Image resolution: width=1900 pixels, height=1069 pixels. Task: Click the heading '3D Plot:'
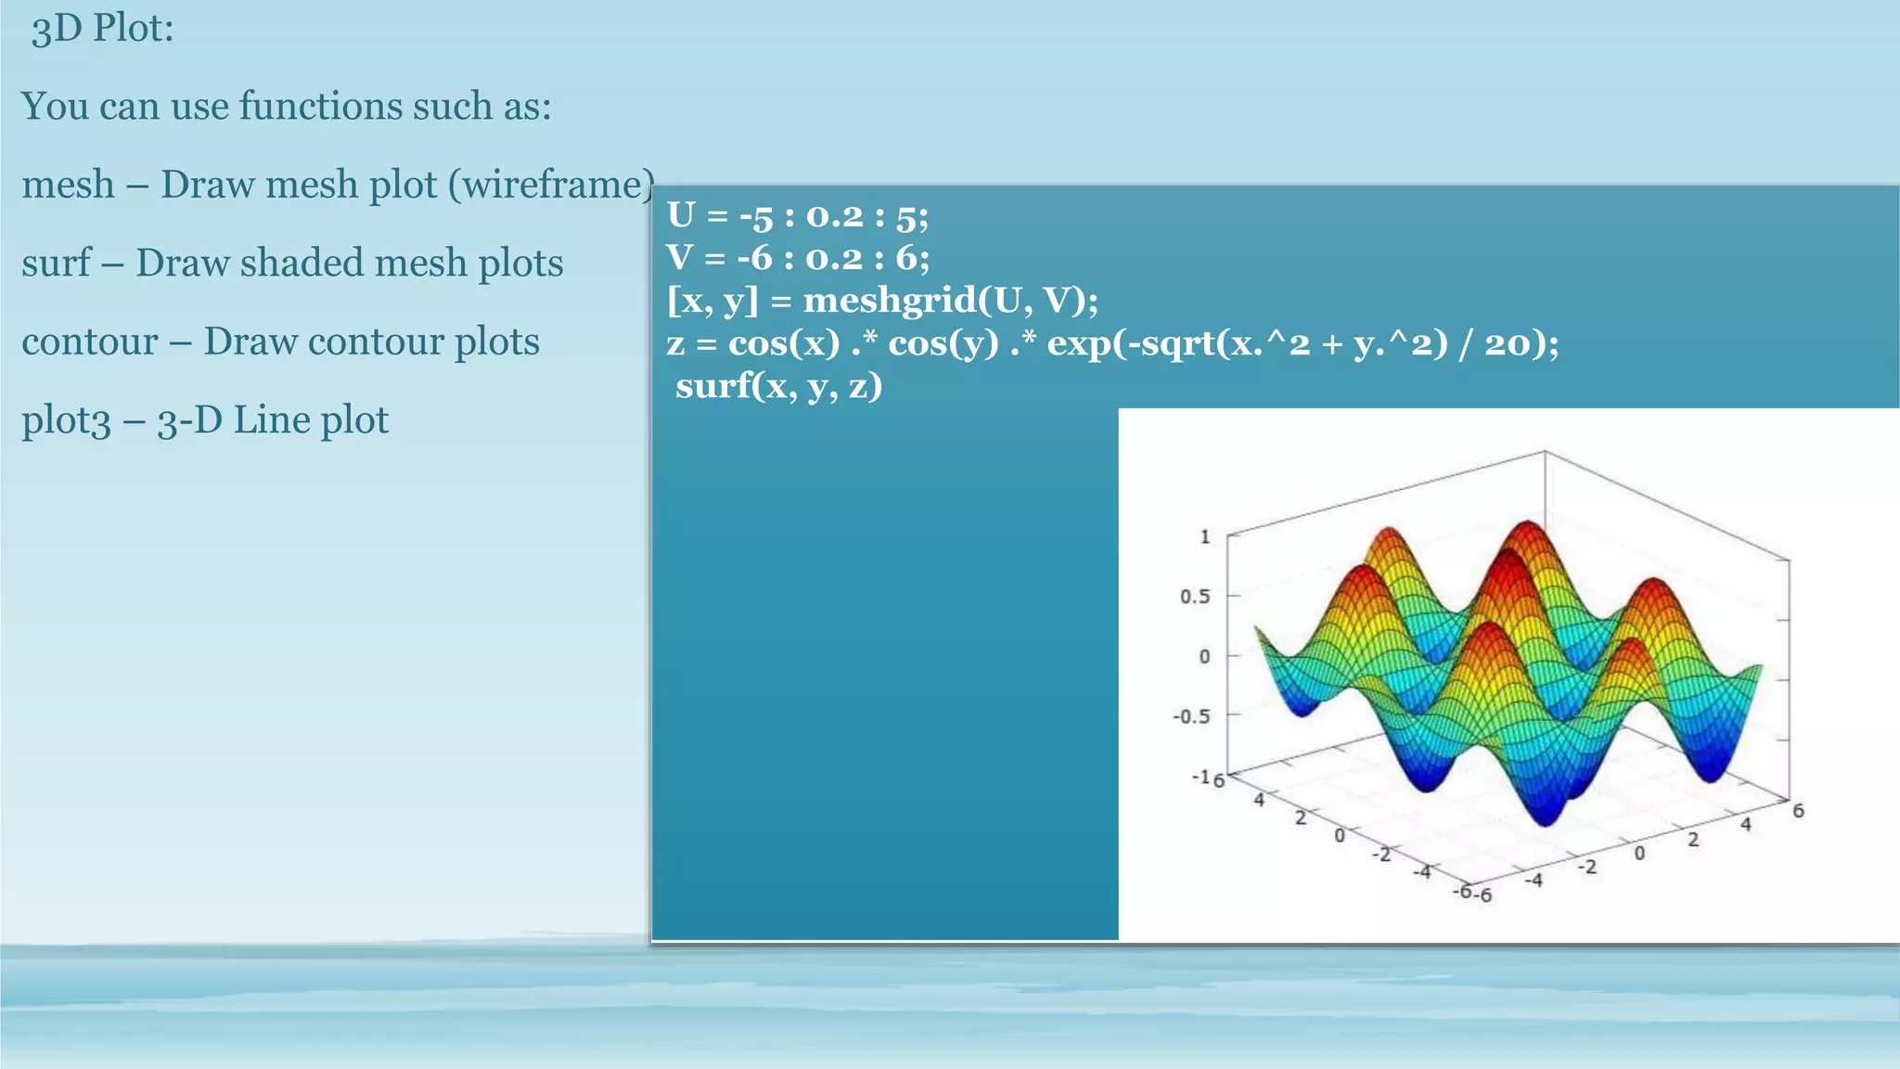click(102, 28)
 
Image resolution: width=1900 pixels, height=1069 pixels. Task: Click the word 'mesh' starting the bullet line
click(68, 185)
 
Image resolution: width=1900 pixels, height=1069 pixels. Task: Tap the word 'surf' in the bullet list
click(56, 263)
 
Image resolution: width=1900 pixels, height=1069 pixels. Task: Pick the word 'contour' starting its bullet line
click(89, 341)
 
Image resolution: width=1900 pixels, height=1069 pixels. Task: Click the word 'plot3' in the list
click(66, 420)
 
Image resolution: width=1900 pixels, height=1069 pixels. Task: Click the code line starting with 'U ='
click(797, 215)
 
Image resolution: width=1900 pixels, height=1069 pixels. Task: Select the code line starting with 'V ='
click(797, 257)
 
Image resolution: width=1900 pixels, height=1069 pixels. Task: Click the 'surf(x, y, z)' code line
click(778, 385)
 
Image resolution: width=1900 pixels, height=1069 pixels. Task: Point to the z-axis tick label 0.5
click(1194, 596)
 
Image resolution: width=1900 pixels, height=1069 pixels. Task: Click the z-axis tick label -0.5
click(1191, 716)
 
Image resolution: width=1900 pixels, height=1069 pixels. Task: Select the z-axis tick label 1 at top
click(1205, 536)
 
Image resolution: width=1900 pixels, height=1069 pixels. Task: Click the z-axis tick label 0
click(1204, 656)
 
